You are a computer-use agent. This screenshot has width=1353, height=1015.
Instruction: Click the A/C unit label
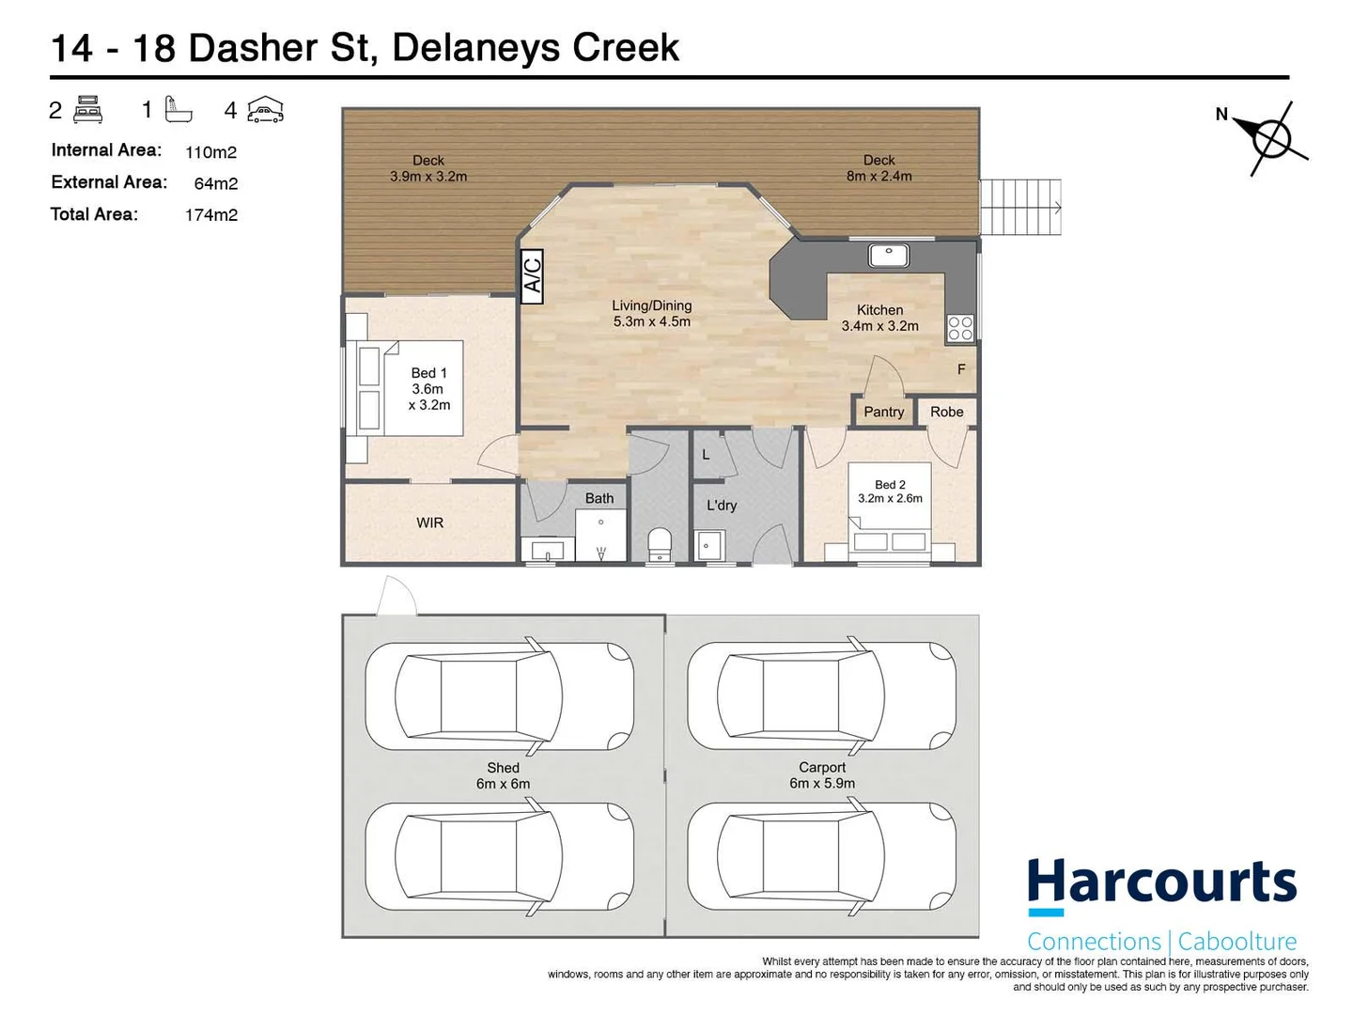point(532,276)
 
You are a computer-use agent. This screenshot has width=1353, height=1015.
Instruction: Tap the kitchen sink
point(887,255)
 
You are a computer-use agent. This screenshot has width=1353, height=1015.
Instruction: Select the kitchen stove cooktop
point(960,328)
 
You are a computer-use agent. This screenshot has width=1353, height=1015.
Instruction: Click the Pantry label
point(883,412)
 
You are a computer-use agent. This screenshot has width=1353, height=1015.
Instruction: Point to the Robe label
point(947,412)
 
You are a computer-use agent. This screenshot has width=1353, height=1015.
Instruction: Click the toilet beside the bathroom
point(661,544)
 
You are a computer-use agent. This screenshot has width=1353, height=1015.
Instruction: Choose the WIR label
point(429,523)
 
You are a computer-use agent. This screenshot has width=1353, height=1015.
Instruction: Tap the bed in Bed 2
point(889,513)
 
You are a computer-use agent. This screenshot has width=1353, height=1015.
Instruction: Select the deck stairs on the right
point(1020,207)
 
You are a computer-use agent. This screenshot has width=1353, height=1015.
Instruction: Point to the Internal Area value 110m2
point(210,151)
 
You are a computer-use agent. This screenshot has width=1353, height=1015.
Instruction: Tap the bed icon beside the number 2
point(88,110)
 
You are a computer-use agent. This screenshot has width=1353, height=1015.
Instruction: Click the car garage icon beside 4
point(265,111)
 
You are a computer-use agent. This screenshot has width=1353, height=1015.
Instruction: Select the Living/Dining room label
point(651,313)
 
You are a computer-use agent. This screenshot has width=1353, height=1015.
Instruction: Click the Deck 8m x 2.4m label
point(879,168)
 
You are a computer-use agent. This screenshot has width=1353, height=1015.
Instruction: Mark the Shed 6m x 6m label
point(503,775)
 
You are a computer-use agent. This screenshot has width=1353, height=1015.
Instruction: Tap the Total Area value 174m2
point(210,214)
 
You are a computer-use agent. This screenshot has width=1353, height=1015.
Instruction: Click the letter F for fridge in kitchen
point(961,369)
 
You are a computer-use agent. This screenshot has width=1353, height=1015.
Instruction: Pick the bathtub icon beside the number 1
point(178,110)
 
